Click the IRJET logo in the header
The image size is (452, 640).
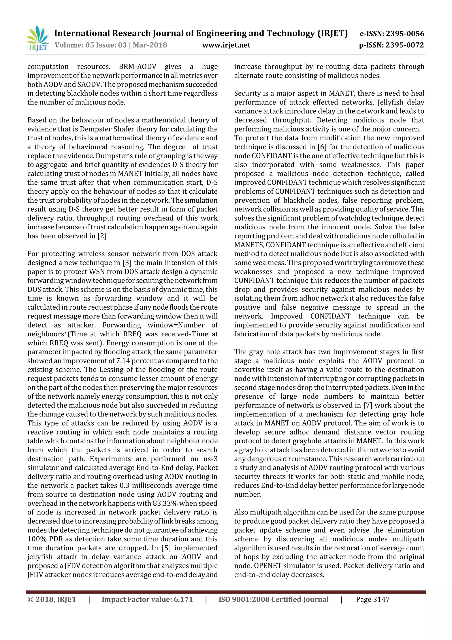[x=38, y=38]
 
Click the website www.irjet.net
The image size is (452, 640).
[x=226, y=45]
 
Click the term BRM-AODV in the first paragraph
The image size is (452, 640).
[x=137, y=67]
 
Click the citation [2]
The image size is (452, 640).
[x=102, y=236]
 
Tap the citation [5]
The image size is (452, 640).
[x=166, y=548]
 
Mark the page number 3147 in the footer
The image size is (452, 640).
[x=381, y=600]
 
